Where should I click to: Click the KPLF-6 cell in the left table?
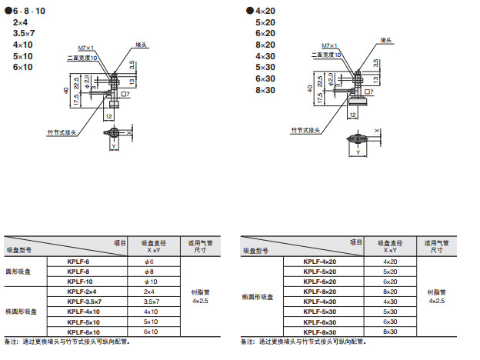[x=79, y=262]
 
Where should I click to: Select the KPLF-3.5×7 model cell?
[x=85, y=301]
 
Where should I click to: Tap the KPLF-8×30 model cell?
[x=320, y=332]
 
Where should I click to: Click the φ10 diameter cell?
[x=150, y=282]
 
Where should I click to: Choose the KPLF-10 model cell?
[x=80, y=282]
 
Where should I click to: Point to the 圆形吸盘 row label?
[x=20, y=272]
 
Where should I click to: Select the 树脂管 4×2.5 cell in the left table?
[x=200, y=296]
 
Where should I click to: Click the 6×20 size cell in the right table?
[x=390, y=282]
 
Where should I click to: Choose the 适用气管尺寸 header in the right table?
[x=437, y=246]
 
